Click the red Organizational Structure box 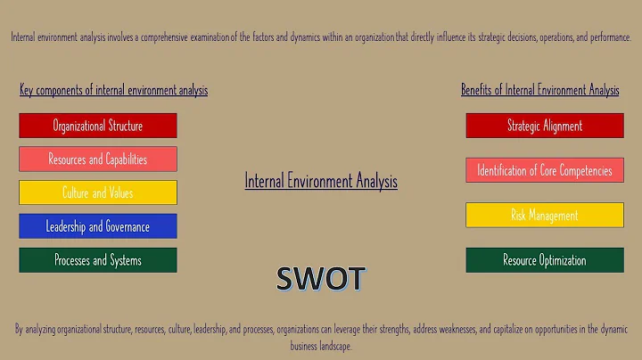(98, 126)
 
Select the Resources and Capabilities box (98, 160)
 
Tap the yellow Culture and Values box (98, 192)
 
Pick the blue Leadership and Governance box (98, 226)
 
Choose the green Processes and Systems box (98, 260)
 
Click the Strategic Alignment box (545, 126)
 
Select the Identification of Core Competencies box (545, 169)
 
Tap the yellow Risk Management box (545, 215)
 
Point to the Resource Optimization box (545, 260)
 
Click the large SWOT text (321, 279)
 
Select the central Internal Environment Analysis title (321, 181)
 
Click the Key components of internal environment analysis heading (113, 90)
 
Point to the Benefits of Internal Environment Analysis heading (539, 90)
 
